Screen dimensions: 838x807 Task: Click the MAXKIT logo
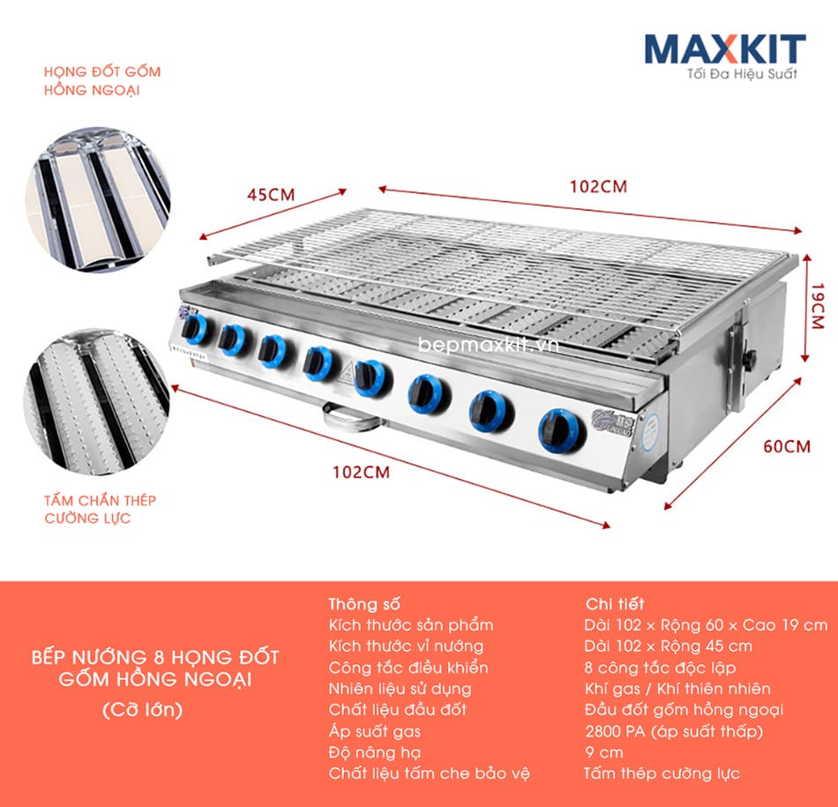coord(725,49)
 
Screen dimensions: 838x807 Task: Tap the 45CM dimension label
coord(271,195)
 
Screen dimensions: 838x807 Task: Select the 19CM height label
coord(818,306)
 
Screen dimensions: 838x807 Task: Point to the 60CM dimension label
coord(787,446)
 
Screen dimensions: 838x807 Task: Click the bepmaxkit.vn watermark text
coord(489,345)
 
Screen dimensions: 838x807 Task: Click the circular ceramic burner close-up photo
coord(98,199)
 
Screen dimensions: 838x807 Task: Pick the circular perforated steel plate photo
coord(97,401)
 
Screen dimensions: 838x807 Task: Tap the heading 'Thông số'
coord(364,604)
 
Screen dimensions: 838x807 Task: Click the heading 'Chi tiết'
coord(615,604)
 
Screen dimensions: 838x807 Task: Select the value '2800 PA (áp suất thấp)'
coord(673,731)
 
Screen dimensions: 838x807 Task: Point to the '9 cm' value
coord(604,752)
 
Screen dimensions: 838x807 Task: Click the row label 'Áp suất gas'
coord(374,731)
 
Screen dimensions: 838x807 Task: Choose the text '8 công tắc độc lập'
coord(660,668)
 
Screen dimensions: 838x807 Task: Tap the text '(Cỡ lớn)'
coord(143,710)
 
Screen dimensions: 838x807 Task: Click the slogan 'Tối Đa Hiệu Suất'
coord(742,74)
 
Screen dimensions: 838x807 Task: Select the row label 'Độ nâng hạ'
coord(375,752)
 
